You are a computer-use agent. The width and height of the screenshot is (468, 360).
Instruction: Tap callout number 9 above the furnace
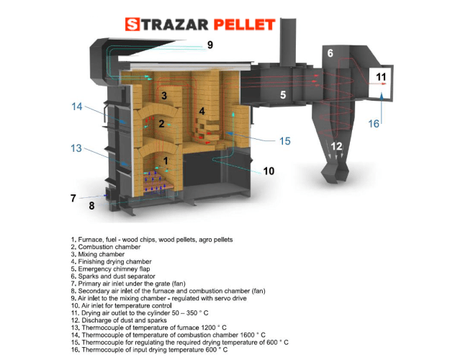tap(210, 45)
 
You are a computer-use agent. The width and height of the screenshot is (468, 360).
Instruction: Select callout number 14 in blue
tap(78, 107)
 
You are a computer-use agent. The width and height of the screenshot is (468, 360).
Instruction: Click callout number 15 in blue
tap(285, 141)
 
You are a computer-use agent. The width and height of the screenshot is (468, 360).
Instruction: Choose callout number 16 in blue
tap(374, 124)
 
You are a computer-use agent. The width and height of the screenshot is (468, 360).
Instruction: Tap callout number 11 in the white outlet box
tap(381, 77)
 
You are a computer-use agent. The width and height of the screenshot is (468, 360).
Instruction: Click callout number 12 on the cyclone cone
tap(336, 147)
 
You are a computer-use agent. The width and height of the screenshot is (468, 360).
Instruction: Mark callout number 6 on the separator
tap(330, 53)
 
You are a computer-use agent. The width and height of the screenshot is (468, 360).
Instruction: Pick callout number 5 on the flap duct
tap(283, 94)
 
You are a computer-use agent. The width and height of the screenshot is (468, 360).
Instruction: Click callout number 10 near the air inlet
tap(269, 171)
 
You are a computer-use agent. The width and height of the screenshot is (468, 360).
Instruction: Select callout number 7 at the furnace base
tap(73, 197)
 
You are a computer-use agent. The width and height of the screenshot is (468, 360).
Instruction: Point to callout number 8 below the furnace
tap(91, 206)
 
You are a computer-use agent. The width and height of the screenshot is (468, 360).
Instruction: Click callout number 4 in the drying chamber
tap(202, 111)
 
